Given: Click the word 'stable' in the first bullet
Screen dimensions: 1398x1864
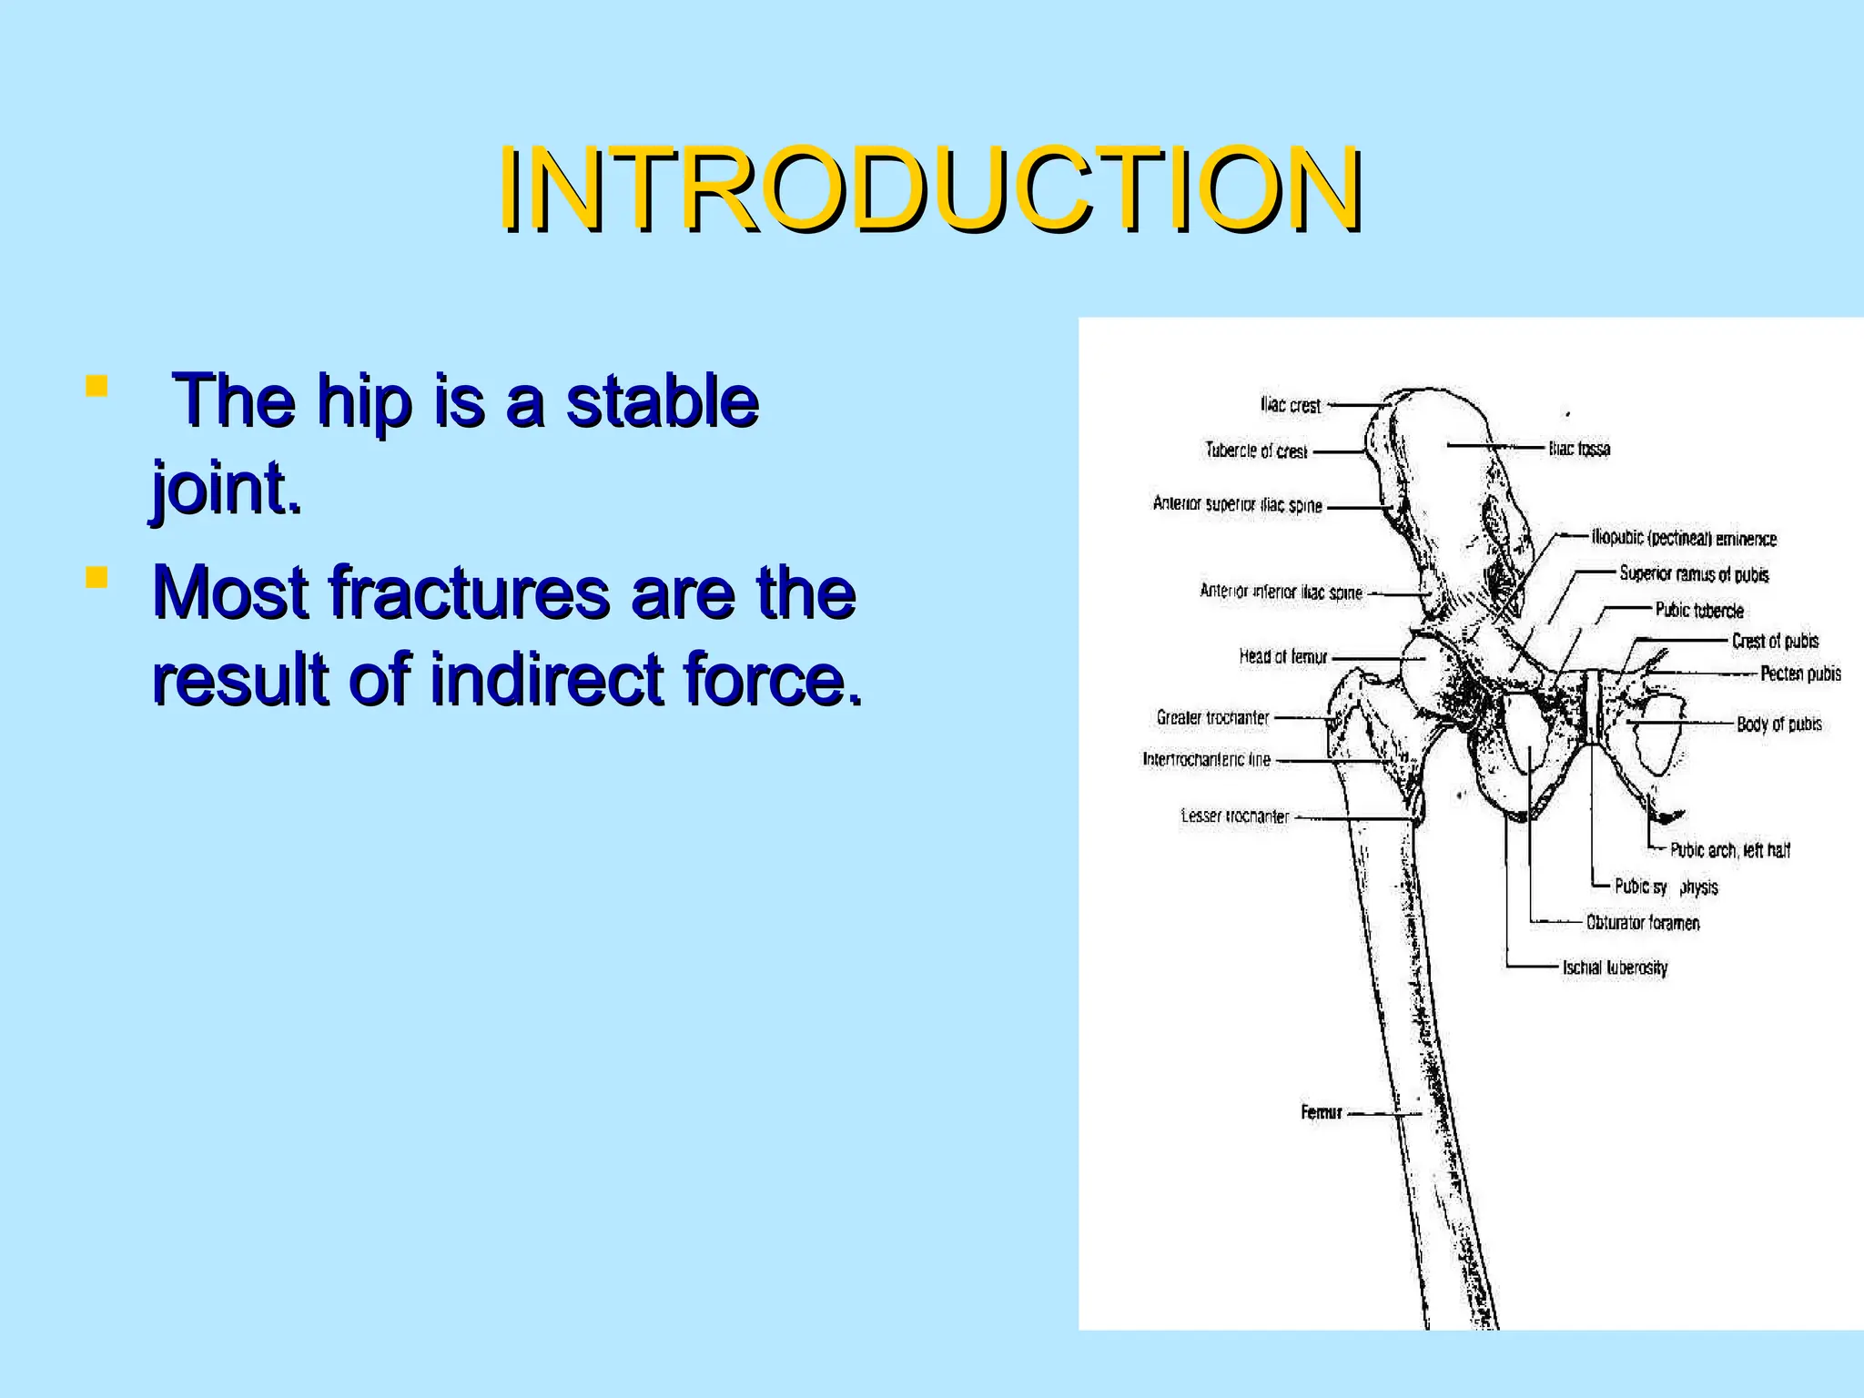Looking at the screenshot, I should point(662,400).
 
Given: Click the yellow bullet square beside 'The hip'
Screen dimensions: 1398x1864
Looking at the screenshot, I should point(96,386).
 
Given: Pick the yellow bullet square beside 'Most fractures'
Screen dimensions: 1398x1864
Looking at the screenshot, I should point(96,577).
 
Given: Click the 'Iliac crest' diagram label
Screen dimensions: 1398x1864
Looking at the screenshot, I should point(1290,405).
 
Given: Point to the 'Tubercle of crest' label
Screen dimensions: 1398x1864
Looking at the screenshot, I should point(1256,451).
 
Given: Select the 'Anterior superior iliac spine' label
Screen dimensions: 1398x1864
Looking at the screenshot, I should point(1237,504).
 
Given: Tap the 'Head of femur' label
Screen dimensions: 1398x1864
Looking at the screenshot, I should point(1282,656).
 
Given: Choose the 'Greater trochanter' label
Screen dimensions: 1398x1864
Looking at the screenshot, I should point(1212,717).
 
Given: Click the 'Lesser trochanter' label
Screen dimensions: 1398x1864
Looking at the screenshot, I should point(1234,816).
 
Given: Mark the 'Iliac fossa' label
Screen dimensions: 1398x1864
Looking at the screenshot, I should point(1579,449).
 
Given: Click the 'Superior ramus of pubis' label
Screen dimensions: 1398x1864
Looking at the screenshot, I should point(1694,574).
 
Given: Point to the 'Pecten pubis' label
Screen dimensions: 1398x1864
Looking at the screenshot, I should point(1800,674).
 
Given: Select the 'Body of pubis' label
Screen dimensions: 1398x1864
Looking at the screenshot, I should point(1778,724).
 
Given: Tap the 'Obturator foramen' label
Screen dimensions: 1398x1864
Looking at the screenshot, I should point(1642,923).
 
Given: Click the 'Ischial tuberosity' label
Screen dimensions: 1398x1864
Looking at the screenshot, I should point(1615,968).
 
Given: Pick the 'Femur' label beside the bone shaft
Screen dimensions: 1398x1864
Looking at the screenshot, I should point(1321,1112).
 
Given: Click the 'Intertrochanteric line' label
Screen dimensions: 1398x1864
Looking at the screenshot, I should point(1206,759).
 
